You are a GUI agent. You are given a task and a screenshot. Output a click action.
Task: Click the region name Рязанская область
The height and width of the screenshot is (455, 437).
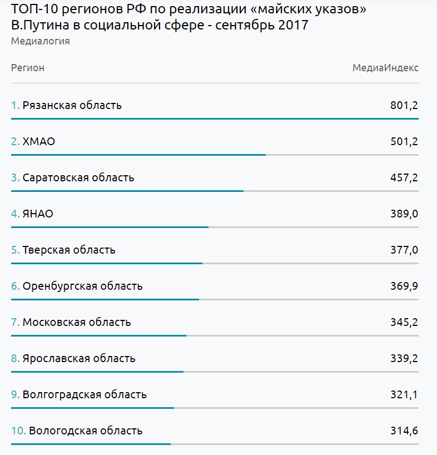[x=72, y=105]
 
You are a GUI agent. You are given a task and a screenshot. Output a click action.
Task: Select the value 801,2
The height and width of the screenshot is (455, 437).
[x=404, y=105]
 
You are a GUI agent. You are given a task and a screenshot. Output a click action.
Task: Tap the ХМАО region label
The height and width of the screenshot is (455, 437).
[x=38, y=142]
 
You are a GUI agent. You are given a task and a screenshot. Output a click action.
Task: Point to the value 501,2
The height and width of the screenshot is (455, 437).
[x=404, y=142]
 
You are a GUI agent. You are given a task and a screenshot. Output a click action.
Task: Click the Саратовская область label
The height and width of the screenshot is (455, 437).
[x=78, y=177]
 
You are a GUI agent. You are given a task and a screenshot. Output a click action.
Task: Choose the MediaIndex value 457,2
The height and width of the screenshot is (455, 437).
[x=404, y=177]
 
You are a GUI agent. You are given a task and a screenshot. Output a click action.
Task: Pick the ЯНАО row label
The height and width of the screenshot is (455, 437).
[x=38, y=214]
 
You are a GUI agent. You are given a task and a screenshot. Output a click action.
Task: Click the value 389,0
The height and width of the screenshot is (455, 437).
[x=404, y=214]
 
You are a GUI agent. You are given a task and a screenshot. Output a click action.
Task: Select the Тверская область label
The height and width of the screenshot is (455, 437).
[x=69, y=250]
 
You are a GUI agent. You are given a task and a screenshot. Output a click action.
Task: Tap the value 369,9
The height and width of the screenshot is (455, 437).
[x=404, y=286]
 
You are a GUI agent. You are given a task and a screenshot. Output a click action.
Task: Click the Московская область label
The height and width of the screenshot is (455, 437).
[x=77, y=323]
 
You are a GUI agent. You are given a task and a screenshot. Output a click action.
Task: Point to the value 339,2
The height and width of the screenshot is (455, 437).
[x=404, y=359]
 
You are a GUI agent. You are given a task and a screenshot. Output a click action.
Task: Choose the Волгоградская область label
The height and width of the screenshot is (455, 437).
[x=85, y=394]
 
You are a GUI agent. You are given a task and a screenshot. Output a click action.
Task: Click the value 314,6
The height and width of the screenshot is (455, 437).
[x=404, y=431]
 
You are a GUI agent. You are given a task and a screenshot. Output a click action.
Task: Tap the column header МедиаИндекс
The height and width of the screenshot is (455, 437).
[x=385, y=68]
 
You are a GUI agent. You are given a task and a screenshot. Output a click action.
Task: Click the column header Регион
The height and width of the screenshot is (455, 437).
[x=28, y=68]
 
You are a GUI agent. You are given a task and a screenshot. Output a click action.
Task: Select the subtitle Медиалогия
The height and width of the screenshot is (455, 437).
[x=40, y=41]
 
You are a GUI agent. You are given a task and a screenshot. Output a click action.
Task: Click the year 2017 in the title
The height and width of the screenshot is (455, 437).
[x=293, y=25]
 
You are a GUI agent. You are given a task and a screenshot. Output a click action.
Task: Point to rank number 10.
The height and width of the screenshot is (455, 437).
[x=18, y=431]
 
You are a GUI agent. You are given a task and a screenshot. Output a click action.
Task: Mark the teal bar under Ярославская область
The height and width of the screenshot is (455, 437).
[x=97, y=372]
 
